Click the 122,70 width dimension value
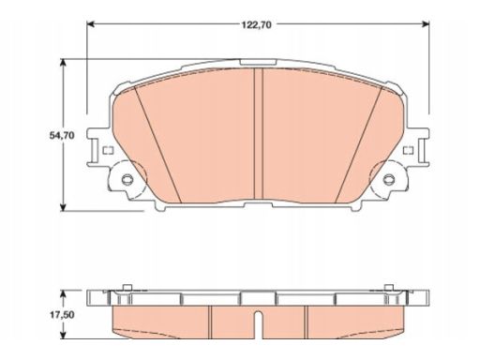(x=256, y=25)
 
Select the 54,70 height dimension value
(x=62, y=136)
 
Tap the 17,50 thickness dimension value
(x=62, y=315)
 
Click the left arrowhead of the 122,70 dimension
(x=91, y=24)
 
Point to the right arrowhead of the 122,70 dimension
(x=425, y=24)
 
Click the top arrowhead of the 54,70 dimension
(x=64, y=63)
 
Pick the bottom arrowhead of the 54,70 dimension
(x=64, y=207)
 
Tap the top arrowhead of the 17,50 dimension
(x=64, y=294)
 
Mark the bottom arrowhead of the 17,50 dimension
(x=64, y=335)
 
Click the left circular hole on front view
(x=127, y=179)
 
